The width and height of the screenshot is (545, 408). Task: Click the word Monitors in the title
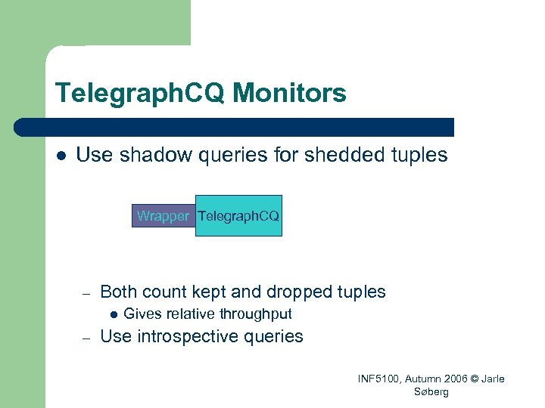tap(290, 94)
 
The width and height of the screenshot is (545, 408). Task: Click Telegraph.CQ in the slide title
tap(140, 94)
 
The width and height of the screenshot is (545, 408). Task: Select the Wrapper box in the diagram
tap(163, 216)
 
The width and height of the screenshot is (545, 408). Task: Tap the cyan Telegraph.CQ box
tap(238, 216)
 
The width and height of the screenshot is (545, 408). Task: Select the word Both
tap(119, 292)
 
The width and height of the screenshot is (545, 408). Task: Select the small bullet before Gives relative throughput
tap(113, 315)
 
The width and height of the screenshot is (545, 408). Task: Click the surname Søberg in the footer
tap(431, 392)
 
